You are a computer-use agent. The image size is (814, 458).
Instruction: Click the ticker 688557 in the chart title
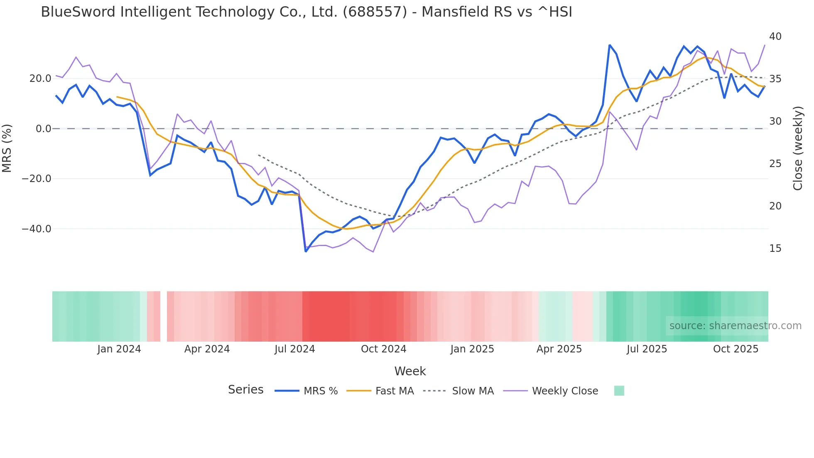pos(375,12)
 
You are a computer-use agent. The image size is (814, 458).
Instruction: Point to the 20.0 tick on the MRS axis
pos(40,79)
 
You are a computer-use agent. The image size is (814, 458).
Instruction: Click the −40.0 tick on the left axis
pos(37,229)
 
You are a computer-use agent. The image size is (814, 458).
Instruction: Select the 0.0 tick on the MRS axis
pos(44,129)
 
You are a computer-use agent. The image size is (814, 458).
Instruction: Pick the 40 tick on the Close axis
pos(775,37)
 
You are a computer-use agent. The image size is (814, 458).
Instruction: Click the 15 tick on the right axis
pos(775,249)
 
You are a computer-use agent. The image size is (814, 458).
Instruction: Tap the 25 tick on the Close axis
pos(775,164)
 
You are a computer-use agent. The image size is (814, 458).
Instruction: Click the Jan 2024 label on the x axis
pos(119,349)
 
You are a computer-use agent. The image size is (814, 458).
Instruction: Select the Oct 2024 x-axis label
pos(383,349)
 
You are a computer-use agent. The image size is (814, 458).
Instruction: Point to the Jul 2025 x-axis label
pos(647,349)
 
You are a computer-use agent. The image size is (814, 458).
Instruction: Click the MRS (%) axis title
pos(7,148)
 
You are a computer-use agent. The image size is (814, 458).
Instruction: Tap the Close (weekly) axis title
pos(797,148)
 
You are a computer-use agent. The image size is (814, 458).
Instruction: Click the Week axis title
pos(410,371)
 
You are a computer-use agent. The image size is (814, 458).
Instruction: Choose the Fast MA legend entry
pos(394,391)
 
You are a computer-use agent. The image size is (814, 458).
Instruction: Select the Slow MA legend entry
pos(473,391)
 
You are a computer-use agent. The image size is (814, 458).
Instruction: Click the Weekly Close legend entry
pos(565,391)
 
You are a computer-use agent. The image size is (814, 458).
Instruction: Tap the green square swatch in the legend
pos(619,391)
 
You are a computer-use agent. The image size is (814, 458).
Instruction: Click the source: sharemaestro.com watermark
pos(735,326)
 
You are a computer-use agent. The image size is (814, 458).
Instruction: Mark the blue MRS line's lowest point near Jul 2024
pos(306,251)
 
